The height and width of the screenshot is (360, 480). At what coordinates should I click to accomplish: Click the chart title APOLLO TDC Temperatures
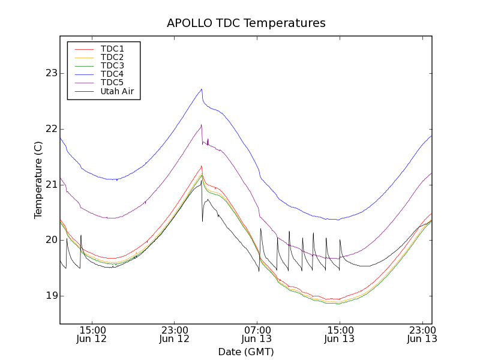246,23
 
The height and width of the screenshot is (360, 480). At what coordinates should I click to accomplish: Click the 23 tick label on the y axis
49,73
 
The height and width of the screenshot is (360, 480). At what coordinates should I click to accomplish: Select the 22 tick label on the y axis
49,129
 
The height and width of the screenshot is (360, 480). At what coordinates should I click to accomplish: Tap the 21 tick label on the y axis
49,184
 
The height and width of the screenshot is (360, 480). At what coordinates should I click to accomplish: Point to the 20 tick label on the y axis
49,240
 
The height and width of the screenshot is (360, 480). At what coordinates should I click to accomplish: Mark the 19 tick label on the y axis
49,296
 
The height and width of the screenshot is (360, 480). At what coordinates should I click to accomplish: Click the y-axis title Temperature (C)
38,180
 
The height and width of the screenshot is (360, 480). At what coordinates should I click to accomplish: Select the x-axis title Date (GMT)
246,352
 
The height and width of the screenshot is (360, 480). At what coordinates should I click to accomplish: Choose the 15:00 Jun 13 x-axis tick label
340,335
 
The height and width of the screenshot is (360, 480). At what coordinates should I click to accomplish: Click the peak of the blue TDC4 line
202,89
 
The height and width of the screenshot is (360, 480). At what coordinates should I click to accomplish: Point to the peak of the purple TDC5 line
202,125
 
